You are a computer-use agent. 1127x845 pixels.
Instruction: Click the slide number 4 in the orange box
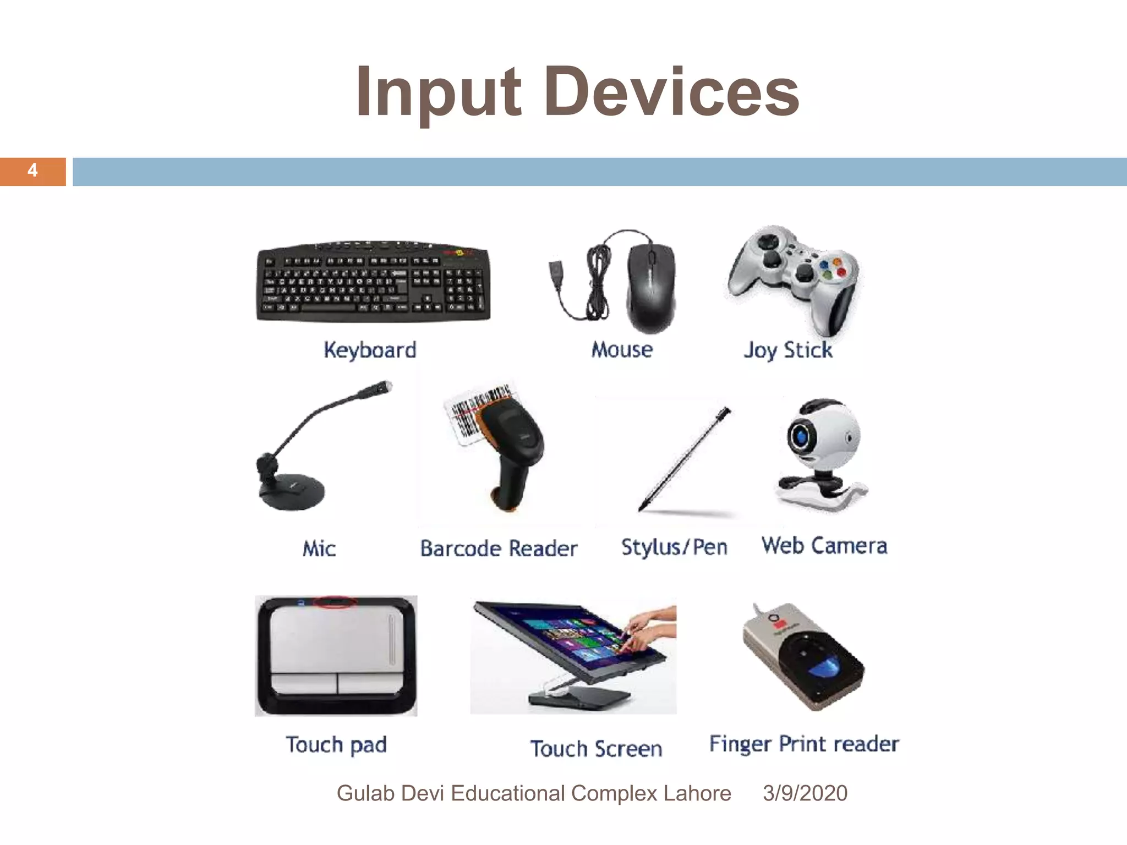tap(32, 171)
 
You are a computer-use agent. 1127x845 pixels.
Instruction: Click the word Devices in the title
tap(672, 92)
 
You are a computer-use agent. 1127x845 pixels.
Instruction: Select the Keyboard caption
tap(370, 350)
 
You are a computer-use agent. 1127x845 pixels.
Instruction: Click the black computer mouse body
tap(651, 286)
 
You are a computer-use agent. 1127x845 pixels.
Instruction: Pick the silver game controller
tap(792, 275)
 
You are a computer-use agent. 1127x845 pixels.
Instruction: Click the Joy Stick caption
tap(788, 350)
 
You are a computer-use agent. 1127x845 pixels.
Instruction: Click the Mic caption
tap(319, 549)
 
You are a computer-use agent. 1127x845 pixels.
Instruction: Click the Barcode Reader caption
tap(499, 549)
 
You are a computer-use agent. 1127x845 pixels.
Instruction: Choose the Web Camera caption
tap(824, 546)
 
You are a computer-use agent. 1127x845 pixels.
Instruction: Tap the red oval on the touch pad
tap(335, 602)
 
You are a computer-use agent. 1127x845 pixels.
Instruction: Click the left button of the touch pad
tap(304, 683)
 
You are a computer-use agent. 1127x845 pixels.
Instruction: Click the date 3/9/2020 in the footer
tap(805, 793)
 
